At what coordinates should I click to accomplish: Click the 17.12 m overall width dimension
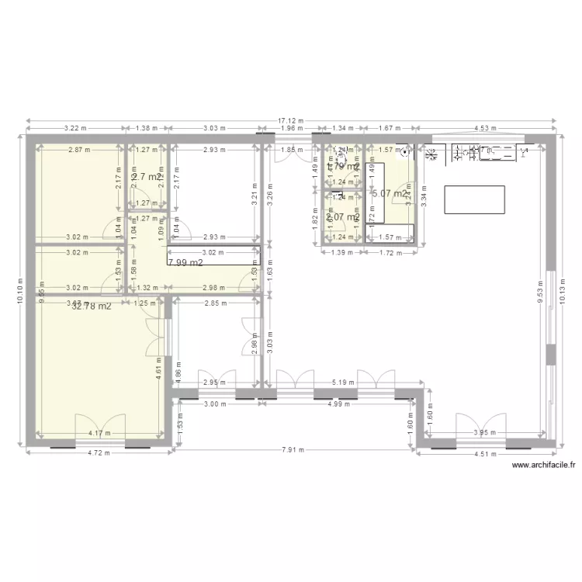(x=291, y=121)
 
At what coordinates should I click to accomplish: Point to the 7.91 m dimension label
(x=293, y=449)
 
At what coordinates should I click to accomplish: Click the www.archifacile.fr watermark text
(x=544, y=466)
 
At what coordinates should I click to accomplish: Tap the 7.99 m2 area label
(x=185, y=262)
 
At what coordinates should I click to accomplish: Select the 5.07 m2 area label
(x=389, y=194)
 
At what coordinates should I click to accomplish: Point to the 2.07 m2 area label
(x=342, y=217)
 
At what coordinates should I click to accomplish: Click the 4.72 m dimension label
(x=98, y=452)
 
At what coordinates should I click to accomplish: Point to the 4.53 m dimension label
(x=487, y=128)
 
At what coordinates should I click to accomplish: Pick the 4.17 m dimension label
(x=98, y=433)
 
